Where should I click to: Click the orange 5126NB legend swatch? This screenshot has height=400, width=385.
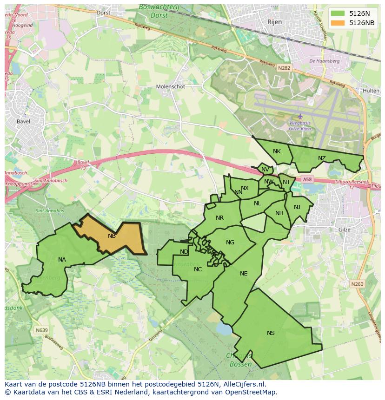[x=338, y=23]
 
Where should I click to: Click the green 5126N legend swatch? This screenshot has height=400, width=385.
[x=338, y=13]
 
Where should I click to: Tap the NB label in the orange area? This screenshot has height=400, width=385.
[x=112, y=236]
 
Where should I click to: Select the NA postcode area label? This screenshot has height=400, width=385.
[x=62, y=260]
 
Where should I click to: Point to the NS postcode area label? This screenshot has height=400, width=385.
[x=271, y=333]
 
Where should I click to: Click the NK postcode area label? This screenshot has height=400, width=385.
[x=277, y=151]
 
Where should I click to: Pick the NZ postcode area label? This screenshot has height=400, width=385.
[x=322, y=158]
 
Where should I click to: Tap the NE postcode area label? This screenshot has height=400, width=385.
[x=244, y=274]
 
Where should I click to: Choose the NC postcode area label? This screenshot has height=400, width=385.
[x=198, y=269]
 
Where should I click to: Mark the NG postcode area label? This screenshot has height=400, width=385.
[x=230, y=243]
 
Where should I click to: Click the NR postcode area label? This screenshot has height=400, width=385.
[x=220, y=218]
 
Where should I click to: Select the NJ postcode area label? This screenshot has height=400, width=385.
[x=297, y=207]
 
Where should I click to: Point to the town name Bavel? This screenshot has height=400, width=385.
[x=23, y=122]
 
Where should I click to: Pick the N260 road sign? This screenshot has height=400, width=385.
[x=357, y=284]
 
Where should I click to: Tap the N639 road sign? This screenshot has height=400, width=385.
[x=41, y=330]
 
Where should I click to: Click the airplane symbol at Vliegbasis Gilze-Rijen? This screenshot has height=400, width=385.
[x=300, y=116]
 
